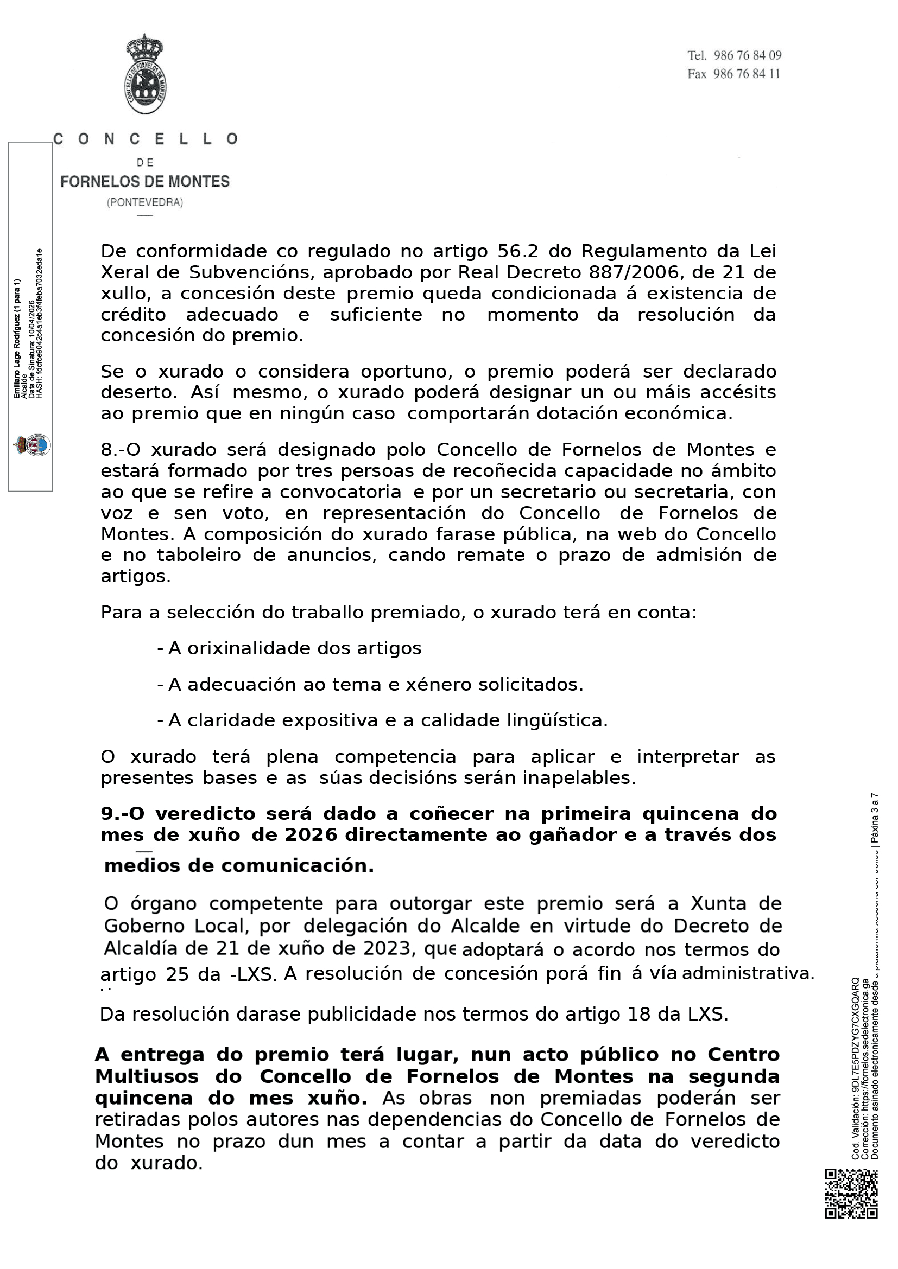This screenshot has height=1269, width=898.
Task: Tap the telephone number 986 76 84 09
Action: (x=747, y=55)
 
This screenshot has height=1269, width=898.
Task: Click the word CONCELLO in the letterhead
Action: (x=146, y=139)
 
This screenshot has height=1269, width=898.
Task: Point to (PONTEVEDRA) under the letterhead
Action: (x=145, y=202)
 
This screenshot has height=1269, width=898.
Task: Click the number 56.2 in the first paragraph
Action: (x=517, y=252)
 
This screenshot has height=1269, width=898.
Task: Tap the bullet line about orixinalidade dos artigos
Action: (x=289, y=648)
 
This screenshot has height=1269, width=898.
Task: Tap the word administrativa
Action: (x=748, y=973)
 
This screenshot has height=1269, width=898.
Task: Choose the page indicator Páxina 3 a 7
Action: (x=874, y=818)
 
